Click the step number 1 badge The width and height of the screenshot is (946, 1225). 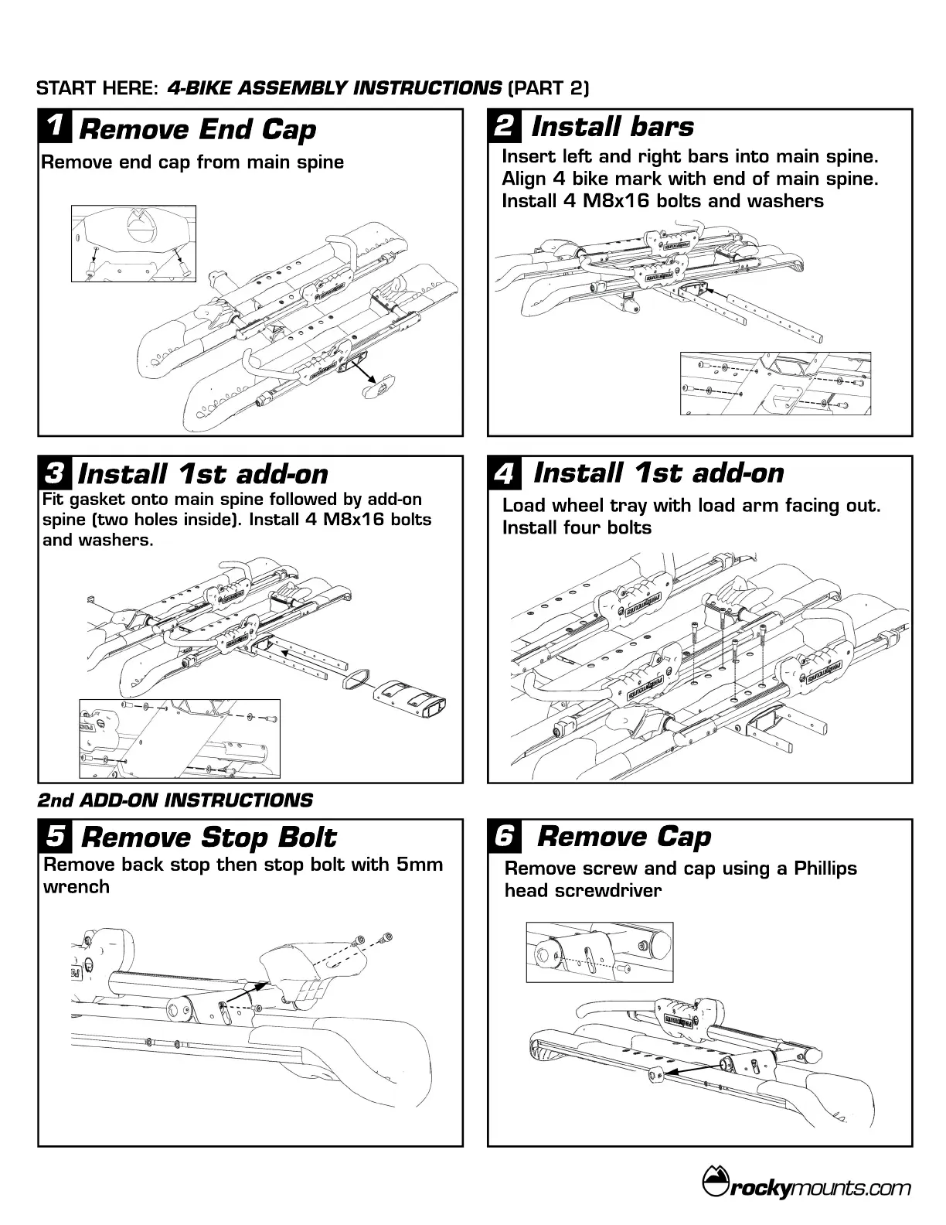click(55, 128)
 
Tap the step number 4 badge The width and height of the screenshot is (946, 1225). click(504, 473)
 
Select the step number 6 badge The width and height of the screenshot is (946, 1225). click(504, 837)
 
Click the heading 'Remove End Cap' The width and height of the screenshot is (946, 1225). click(197, 129)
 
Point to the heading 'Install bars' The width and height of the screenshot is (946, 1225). click(612, 127)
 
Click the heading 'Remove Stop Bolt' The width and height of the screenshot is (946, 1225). click(208, 838)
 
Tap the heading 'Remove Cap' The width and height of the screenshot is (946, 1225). click(623, 837)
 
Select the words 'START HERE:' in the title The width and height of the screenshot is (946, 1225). click(96, 88)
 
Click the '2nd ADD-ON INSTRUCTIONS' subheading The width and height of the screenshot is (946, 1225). click(175, 800)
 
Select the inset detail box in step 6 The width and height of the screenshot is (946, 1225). click(599, 952)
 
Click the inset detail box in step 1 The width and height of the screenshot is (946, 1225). click(134, 244)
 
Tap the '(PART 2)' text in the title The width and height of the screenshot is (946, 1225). click(548, 88)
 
